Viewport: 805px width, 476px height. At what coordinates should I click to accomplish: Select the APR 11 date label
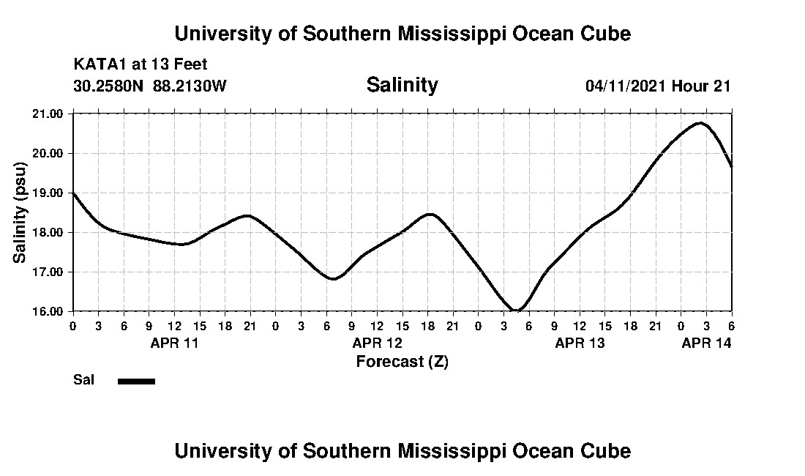coord(174,342)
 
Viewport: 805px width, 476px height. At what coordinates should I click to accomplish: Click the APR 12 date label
coord(377,342)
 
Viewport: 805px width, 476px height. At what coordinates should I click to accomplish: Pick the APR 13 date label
coord(580,342)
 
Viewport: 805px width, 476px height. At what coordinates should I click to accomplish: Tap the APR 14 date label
coord(706,342)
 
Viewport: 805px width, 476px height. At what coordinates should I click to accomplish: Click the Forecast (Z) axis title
coord(402,362)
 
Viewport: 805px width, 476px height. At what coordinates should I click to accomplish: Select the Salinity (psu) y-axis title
coord(20,212)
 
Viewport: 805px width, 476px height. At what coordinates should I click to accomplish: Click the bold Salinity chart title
coord(402,85)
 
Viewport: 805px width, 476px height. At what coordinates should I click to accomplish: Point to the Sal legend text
coord(83,380)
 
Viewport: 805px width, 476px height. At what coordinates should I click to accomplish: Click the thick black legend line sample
coord(136,381)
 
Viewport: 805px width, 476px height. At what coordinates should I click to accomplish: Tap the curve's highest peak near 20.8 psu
coord(700,123)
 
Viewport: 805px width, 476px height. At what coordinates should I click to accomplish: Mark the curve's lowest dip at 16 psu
coord(517,310)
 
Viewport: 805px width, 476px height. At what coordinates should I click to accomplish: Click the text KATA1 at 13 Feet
coord(141,64)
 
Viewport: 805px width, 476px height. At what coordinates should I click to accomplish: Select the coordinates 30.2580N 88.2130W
coord(150,86)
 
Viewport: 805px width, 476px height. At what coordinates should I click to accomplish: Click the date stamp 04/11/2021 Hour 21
coord(658,86)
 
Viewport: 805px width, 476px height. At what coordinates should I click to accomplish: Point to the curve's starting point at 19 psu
coord(73,193)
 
